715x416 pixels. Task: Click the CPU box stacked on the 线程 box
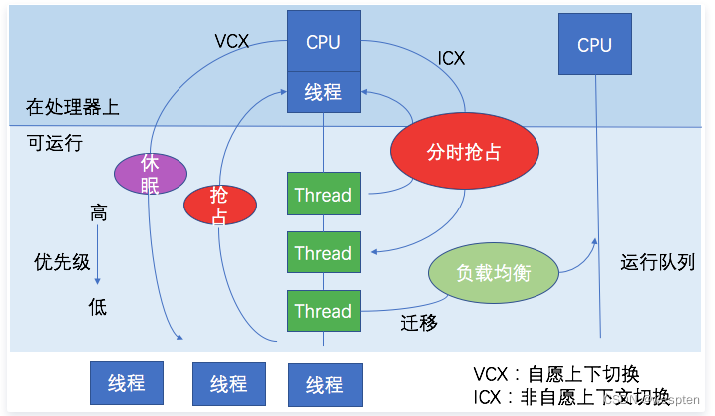point(323,42)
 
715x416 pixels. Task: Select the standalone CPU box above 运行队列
point(594,45)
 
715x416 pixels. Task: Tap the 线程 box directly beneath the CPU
point(323,92)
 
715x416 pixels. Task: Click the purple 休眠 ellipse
point(151,172)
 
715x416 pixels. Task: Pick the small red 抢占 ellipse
point(220,205)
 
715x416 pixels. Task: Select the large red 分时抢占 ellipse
point(465,154)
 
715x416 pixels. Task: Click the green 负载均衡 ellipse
point(493,272)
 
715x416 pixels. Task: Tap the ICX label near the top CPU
point(451,58)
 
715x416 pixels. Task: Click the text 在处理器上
point(73,106)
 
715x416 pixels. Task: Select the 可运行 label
point(55,144)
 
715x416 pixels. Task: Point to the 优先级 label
point(62,262)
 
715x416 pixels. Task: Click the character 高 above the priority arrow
point(98,213)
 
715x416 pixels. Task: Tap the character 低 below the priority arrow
point(97,307)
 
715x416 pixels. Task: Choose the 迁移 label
point(419,322)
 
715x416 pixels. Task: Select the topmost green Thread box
point(323,195)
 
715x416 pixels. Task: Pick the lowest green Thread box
point(323,311)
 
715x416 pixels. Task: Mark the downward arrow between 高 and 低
point(98,260)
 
